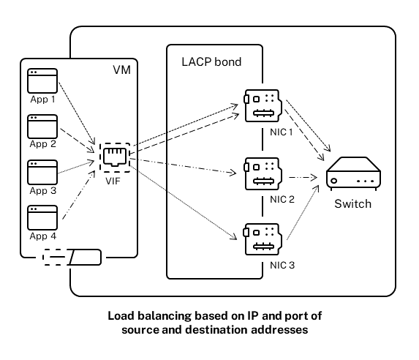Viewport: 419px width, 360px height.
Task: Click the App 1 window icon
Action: [41, 81]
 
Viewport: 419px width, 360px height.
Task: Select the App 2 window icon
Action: [41, 127]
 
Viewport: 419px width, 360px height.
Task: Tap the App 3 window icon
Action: [41, 172]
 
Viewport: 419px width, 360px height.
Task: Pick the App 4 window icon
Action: [41, 217]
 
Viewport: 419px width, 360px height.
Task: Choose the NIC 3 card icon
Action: [260, 239]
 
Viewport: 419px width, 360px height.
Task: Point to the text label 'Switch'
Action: [353, 204]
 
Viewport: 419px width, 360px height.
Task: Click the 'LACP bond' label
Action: [211, 62]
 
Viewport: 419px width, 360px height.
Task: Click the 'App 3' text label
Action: [42, 190]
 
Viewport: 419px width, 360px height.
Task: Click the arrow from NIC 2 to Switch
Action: [302, 177]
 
